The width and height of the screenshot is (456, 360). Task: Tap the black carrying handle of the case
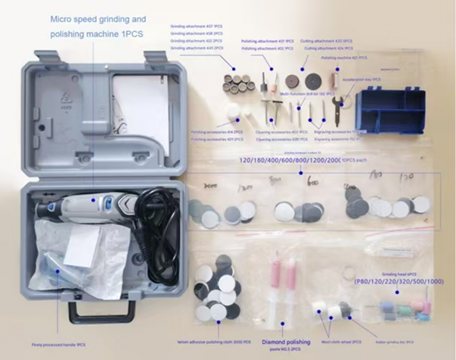tap(102, 310)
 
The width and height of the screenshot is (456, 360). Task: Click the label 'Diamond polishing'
tap(286, 342)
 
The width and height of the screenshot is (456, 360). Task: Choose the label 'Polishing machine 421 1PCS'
tap(344, 58)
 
